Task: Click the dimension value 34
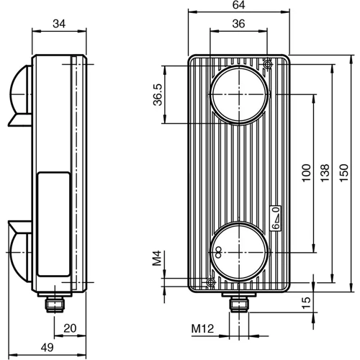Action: click(x=60, y=24)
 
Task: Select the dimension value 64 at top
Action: click(x=238, y=6)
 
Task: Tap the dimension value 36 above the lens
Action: click(x=238, y=24)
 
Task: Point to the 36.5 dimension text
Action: click(x=158, y=94)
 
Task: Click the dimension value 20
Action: click(x=70, y=329)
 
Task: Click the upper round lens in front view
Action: click(x=239, y=93)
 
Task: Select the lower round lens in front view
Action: click(x=239, y=251)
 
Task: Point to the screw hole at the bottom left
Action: click(x=210, y=282)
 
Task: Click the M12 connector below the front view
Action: click(x=238, y=303)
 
